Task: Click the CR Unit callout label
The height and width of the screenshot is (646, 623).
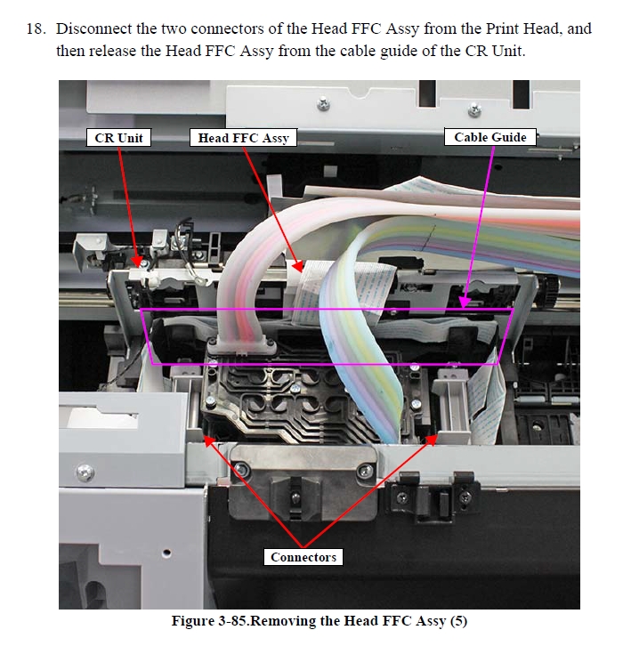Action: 118,138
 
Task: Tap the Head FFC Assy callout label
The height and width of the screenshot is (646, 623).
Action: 243,138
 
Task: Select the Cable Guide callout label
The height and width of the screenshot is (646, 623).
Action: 489,137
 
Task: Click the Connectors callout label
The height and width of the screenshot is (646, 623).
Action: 303,557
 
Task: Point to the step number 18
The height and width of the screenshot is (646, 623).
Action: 36,28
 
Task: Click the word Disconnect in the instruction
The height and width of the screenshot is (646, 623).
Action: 93,28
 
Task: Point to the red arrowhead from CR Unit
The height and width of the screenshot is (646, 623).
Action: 136,262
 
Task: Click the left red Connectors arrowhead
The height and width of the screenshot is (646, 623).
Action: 209,440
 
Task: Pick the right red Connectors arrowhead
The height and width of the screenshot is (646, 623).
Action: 432,440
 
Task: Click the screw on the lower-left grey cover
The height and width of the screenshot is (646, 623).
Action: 85,471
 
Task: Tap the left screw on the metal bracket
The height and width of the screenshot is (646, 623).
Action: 241,469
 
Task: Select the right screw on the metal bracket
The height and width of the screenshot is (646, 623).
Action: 365,471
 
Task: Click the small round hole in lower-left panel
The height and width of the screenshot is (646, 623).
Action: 166,553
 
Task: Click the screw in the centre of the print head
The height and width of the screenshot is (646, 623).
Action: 295,388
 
